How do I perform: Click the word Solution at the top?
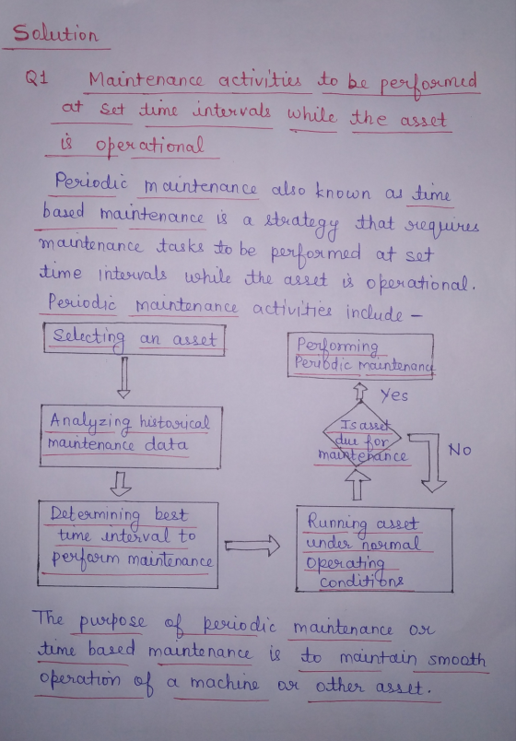click(x=55, y=33)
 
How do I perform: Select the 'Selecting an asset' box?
click(x=135, y=338)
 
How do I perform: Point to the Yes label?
click(x=394, y=394)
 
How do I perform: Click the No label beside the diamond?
click(x=460, y=451)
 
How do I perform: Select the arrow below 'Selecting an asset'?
click(x=123, y=378)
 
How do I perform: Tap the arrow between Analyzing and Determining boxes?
click(x=121, y=485)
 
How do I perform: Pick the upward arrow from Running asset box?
click(x=358, y=487)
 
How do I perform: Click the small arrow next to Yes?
click(x=360, y=392)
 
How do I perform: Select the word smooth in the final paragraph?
click(x=456, y=659)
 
